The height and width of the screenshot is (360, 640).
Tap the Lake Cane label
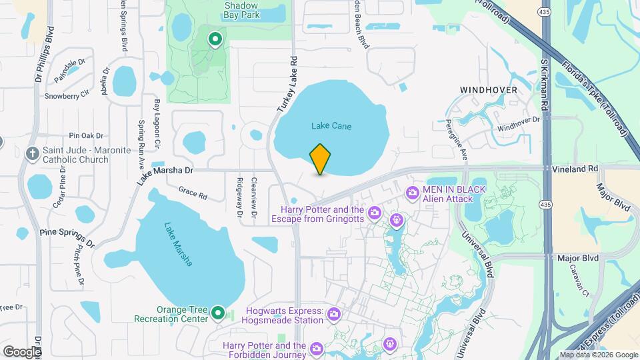(331, 126)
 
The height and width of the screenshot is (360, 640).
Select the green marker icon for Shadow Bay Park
(215, 40)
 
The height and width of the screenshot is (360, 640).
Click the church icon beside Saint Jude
(32, 155)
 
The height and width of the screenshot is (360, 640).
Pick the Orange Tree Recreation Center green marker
(217, 313)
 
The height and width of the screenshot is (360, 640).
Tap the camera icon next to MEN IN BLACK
(412, 193)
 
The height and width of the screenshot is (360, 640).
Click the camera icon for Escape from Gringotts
(375, 213)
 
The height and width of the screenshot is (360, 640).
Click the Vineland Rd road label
(576, 169)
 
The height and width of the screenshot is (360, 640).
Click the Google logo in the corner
(22, 351)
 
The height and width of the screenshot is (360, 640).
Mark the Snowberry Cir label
(67, 95)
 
